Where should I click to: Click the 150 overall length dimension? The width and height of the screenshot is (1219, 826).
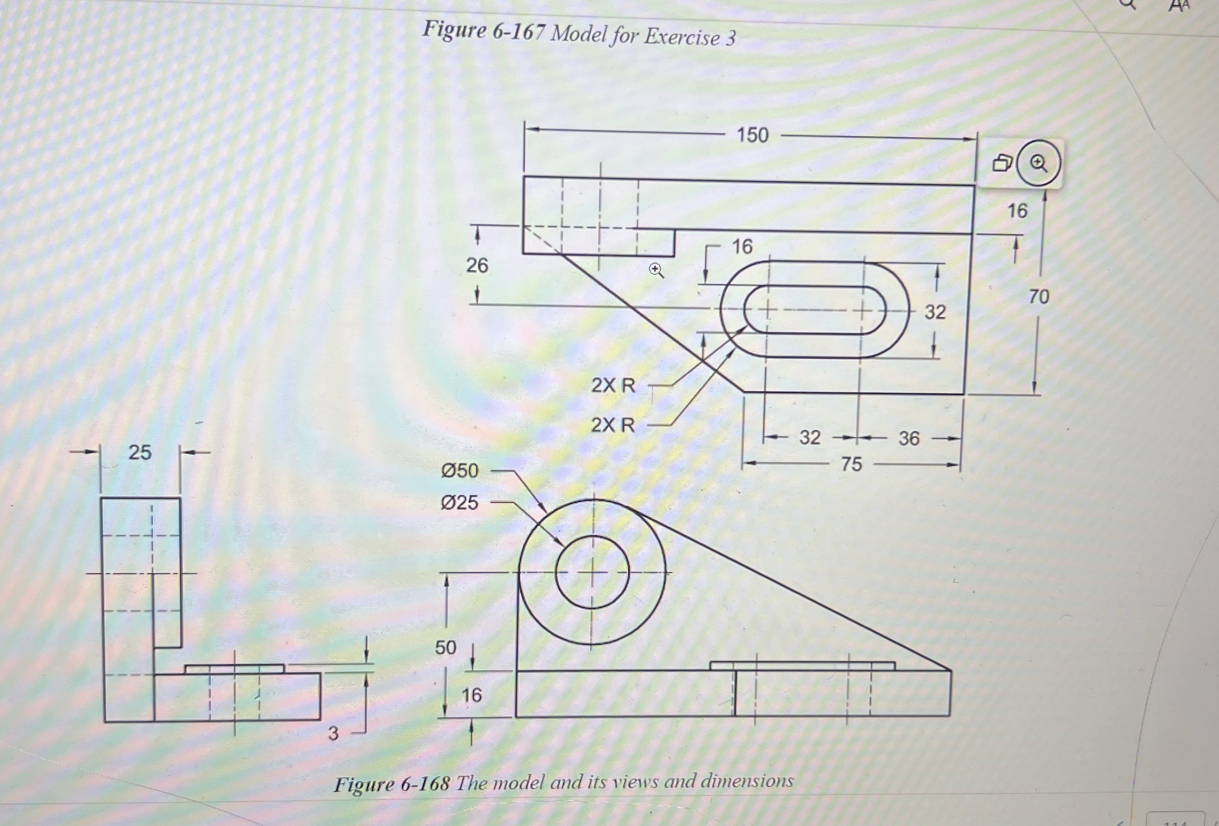pos(752,135)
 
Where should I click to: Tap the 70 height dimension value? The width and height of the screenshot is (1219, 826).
pos(1038,297)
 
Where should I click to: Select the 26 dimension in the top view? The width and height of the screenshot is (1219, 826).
pos(477,265)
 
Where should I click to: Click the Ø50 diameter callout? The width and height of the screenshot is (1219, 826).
pos(459,471)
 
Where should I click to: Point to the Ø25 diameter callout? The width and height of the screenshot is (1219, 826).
pos(459,502)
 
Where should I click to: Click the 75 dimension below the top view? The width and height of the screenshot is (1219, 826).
pos(851,464)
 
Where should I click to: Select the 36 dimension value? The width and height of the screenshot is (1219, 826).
pos(909,439)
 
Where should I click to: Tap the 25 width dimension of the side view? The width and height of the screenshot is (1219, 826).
pos(139,452)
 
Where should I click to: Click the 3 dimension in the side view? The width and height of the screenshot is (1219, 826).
pos(333,733)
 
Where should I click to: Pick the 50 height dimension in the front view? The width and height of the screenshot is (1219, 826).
pos(445,647)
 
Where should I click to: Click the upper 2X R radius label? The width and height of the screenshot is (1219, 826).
pos(613,385)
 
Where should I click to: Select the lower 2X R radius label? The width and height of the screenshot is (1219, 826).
pos(613,425)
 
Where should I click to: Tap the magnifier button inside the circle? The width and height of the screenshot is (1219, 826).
pos(1038,164)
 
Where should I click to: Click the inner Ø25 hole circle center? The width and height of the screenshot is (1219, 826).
pos(593,572)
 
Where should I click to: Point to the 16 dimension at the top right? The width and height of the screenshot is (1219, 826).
pos(1017,211)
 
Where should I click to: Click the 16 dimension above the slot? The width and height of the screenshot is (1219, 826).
pos(742,246)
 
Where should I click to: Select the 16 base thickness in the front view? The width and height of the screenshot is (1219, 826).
pos(471,695)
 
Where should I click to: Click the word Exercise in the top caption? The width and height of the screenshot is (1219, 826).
pos(682,37)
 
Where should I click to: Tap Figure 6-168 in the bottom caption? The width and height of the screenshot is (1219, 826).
pos(392,784)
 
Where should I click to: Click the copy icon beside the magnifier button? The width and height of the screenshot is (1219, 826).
pos(1002,163)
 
